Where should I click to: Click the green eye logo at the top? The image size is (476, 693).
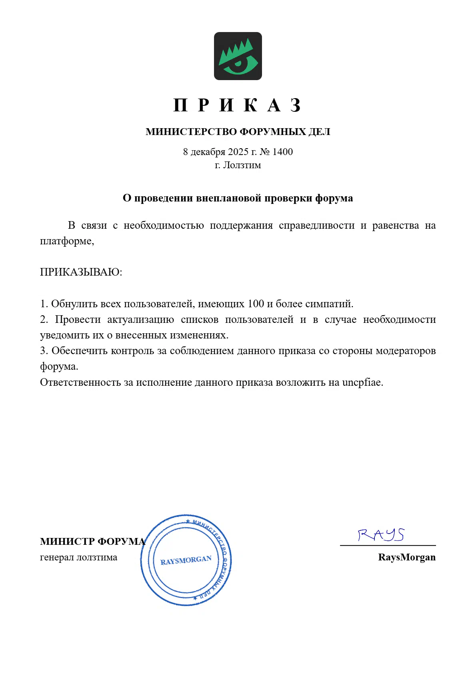238,56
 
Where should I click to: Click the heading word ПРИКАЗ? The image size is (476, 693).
237,105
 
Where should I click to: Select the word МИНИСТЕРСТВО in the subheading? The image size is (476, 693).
191,132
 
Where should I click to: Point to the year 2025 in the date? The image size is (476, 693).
238,152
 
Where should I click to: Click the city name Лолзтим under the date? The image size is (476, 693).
242,165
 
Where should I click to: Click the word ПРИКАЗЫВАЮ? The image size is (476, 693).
81,272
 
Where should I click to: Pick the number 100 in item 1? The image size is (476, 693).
256,304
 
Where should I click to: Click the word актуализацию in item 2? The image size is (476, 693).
140,319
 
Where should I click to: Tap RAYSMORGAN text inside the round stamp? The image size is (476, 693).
186,560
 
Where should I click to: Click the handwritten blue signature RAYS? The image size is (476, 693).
381,534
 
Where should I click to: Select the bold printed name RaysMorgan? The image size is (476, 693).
406,557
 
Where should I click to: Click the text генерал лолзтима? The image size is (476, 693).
78,557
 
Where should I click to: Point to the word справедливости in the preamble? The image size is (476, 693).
316,226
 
